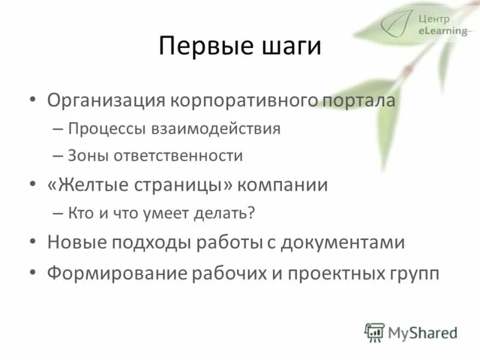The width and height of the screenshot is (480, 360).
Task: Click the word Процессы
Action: pos(105,129)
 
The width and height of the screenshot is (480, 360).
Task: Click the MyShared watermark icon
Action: pos(374,332)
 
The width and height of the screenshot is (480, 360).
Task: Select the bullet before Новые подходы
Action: pos(34,242)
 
